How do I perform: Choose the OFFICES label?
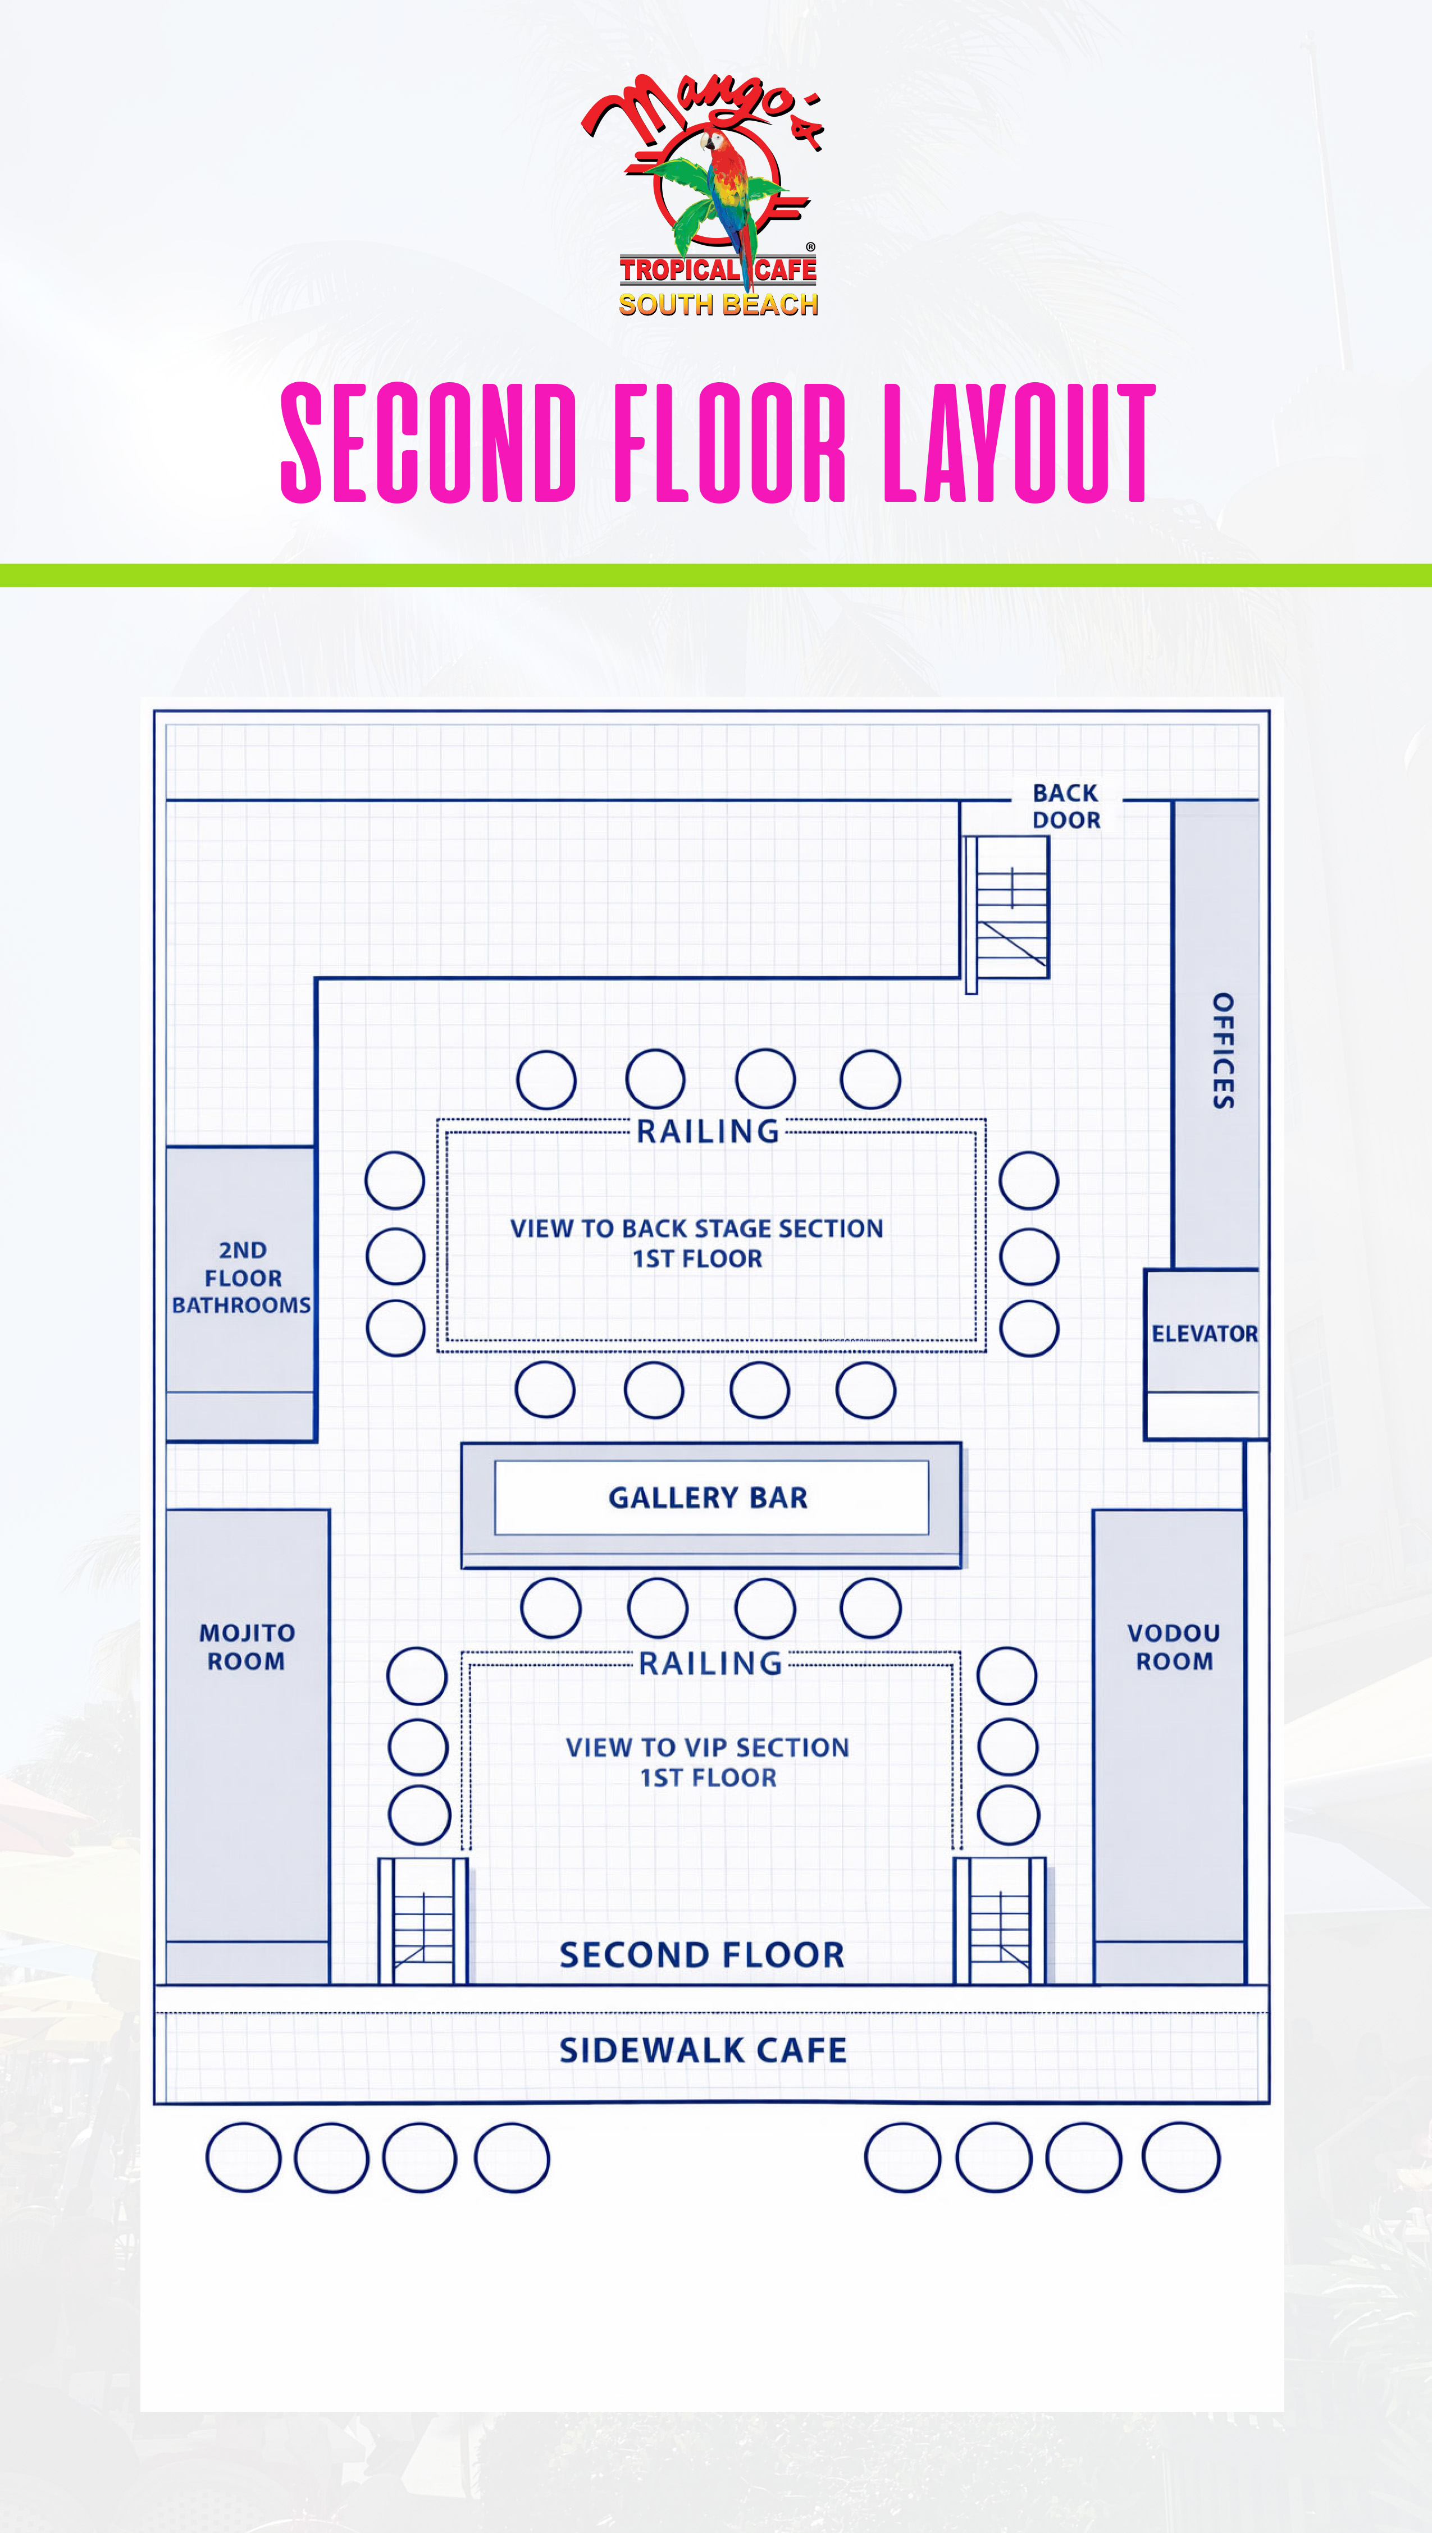[x=1221, y=1050]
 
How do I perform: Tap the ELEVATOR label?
[x=1204, y=1334]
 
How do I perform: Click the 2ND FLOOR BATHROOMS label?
[x=242, y=1277]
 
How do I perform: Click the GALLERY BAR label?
[x=708, y=1497]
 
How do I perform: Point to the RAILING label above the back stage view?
[x=708, y=1132]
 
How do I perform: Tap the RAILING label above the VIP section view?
[x=710, y=1664]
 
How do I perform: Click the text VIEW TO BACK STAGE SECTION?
[x=696, y=1228]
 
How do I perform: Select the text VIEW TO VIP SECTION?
[x=707, y=1747]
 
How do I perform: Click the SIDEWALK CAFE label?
[x=703, y=2050]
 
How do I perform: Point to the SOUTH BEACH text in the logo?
[x=718, y=305]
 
